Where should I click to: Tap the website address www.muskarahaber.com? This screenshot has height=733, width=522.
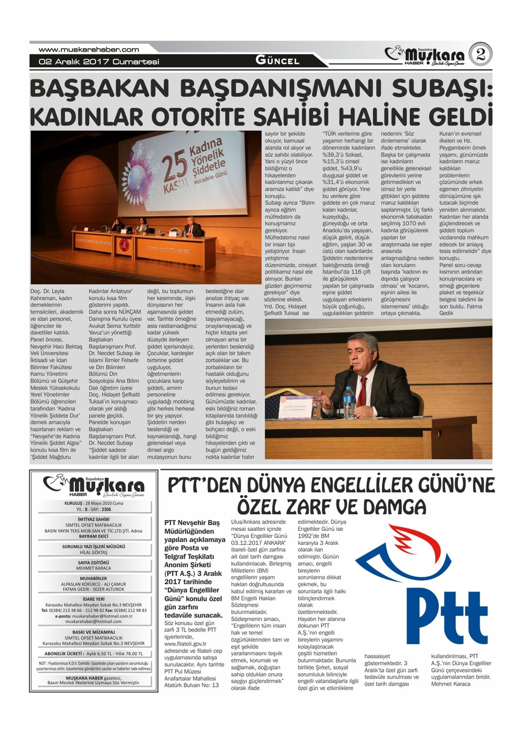click(89, 50)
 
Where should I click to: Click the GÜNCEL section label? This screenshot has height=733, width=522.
click(277, 61)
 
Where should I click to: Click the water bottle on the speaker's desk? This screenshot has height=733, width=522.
click(348, 400)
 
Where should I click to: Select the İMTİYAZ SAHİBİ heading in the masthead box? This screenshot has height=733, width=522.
click(94, 519)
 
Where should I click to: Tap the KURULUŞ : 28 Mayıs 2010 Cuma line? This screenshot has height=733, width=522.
click(94, 503)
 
